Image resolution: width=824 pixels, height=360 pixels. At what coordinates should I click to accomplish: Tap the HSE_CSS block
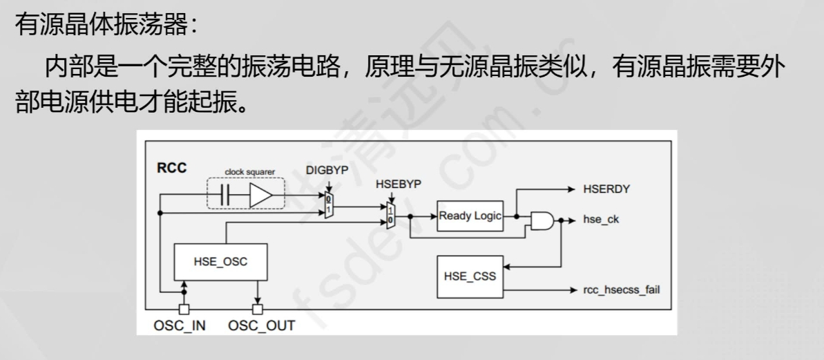(x=470, y=276)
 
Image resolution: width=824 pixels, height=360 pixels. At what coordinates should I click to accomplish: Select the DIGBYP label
(x=328, y=170)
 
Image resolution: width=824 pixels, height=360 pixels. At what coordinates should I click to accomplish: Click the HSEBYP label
(x=399, y=185)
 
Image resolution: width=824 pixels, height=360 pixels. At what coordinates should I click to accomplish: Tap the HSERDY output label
(x=606, y=188)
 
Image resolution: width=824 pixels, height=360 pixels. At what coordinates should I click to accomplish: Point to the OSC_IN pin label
(x=179, y=325)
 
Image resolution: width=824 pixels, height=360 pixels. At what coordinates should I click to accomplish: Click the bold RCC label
(x=171, y=168)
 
